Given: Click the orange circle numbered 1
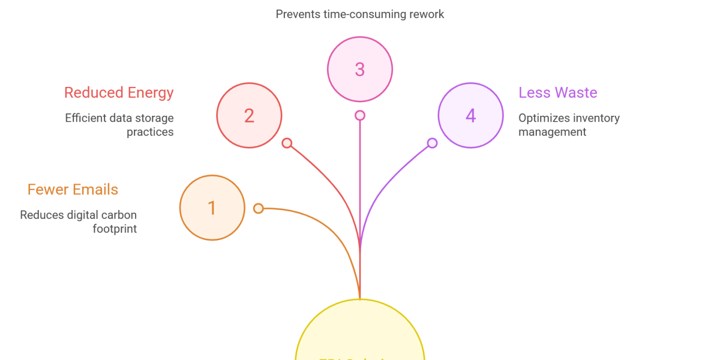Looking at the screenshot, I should [x=212, y=208].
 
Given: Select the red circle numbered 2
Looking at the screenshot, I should [x=249, y=115].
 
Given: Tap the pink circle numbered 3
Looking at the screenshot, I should [x=360, y=69].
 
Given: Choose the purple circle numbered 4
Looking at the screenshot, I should [x=470, y=115].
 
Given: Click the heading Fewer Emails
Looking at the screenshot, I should [x=73, y=190].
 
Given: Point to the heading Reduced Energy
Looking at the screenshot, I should [x=119, y=92].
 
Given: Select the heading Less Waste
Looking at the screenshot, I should [x=558, y=92].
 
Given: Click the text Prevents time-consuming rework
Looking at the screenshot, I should [x=360, y=14].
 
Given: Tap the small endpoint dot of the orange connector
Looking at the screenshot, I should [x=258, y=208].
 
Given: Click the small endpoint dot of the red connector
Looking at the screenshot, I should [x=287, y=143].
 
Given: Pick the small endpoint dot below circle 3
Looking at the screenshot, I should [x=360, y=115].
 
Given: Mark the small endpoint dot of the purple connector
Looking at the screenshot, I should [x=432, y=143].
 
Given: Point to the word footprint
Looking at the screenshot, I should [x=115, y=229].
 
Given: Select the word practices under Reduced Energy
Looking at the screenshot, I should [x=150, y=132].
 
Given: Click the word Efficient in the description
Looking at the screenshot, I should [x=86, y=118].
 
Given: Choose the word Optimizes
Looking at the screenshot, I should [x=544, y=118].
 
